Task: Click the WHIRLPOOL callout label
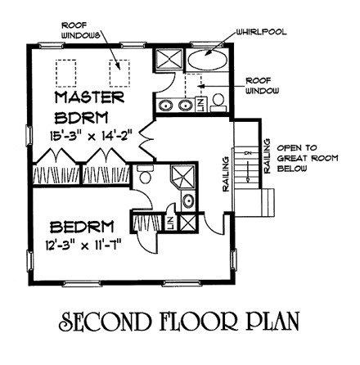pos(261,33)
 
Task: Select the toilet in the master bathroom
pos(218,101)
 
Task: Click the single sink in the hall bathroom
pos(188,201)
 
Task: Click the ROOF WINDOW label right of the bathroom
pos(260,85)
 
